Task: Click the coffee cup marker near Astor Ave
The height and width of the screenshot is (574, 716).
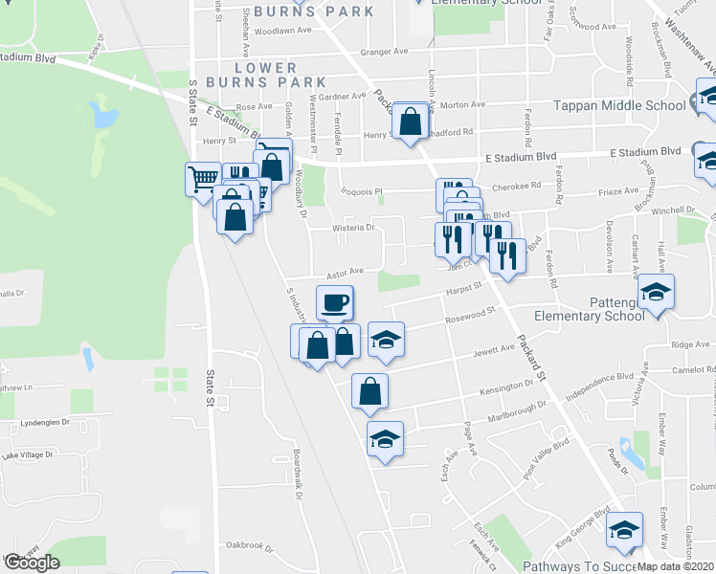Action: click(x=335, y=304)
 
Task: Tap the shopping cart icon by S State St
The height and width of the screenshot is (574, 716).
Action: click(x=202, y=178)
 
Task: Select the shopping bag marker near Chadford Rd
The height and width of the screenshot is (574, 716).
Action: click(x=411, y=121)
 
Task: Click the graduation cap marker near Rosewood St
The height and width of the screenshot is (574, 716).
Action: click(x=386, y=341)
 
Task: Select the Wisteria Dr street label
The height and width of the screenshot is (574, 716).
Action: click(x=352, y=228)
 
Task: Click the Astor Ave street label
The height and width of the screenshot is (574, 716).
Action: click(x=346, y=273)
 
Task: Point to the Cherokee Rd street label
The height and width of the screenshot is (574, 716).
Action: click(x=517, y=187)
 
